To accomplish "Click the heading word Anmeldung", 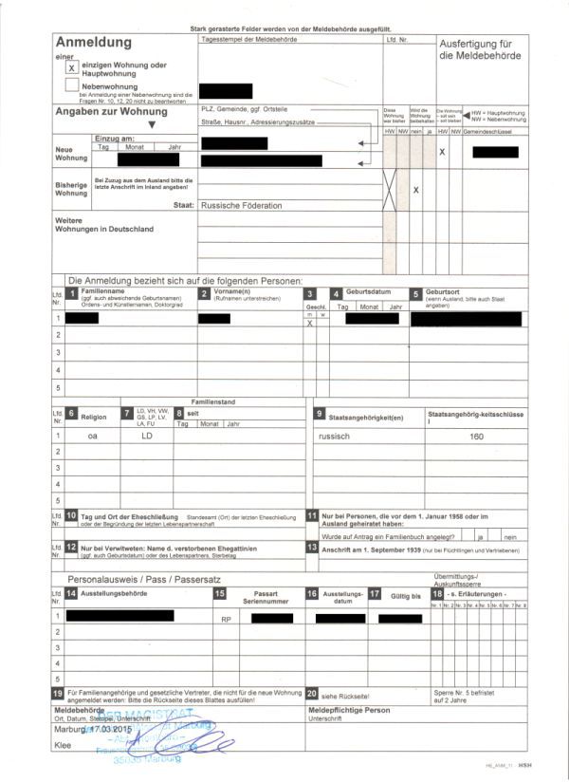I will coord(93,43).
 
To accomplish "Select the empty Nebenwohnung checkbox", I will coord(72,85).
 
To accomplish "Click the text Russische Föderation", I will coord(241,205).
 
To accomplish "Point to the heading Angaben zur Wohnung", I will coord(111,112).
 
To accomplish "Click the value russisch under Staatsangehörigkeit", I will coord(335,436).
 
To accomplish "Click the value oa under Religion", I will coord(92,437).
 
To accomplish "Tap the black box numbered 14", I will coord(72,593).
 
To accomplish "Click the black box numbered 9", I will coord(320,415).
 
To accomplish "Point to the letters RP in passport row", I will coord(226,619).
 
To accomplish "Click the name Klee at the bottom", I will coord(64,747).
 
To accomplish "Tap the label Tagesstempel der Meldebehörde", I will coord(249,39).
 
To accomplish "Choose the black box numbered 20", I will coord(313,695).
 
